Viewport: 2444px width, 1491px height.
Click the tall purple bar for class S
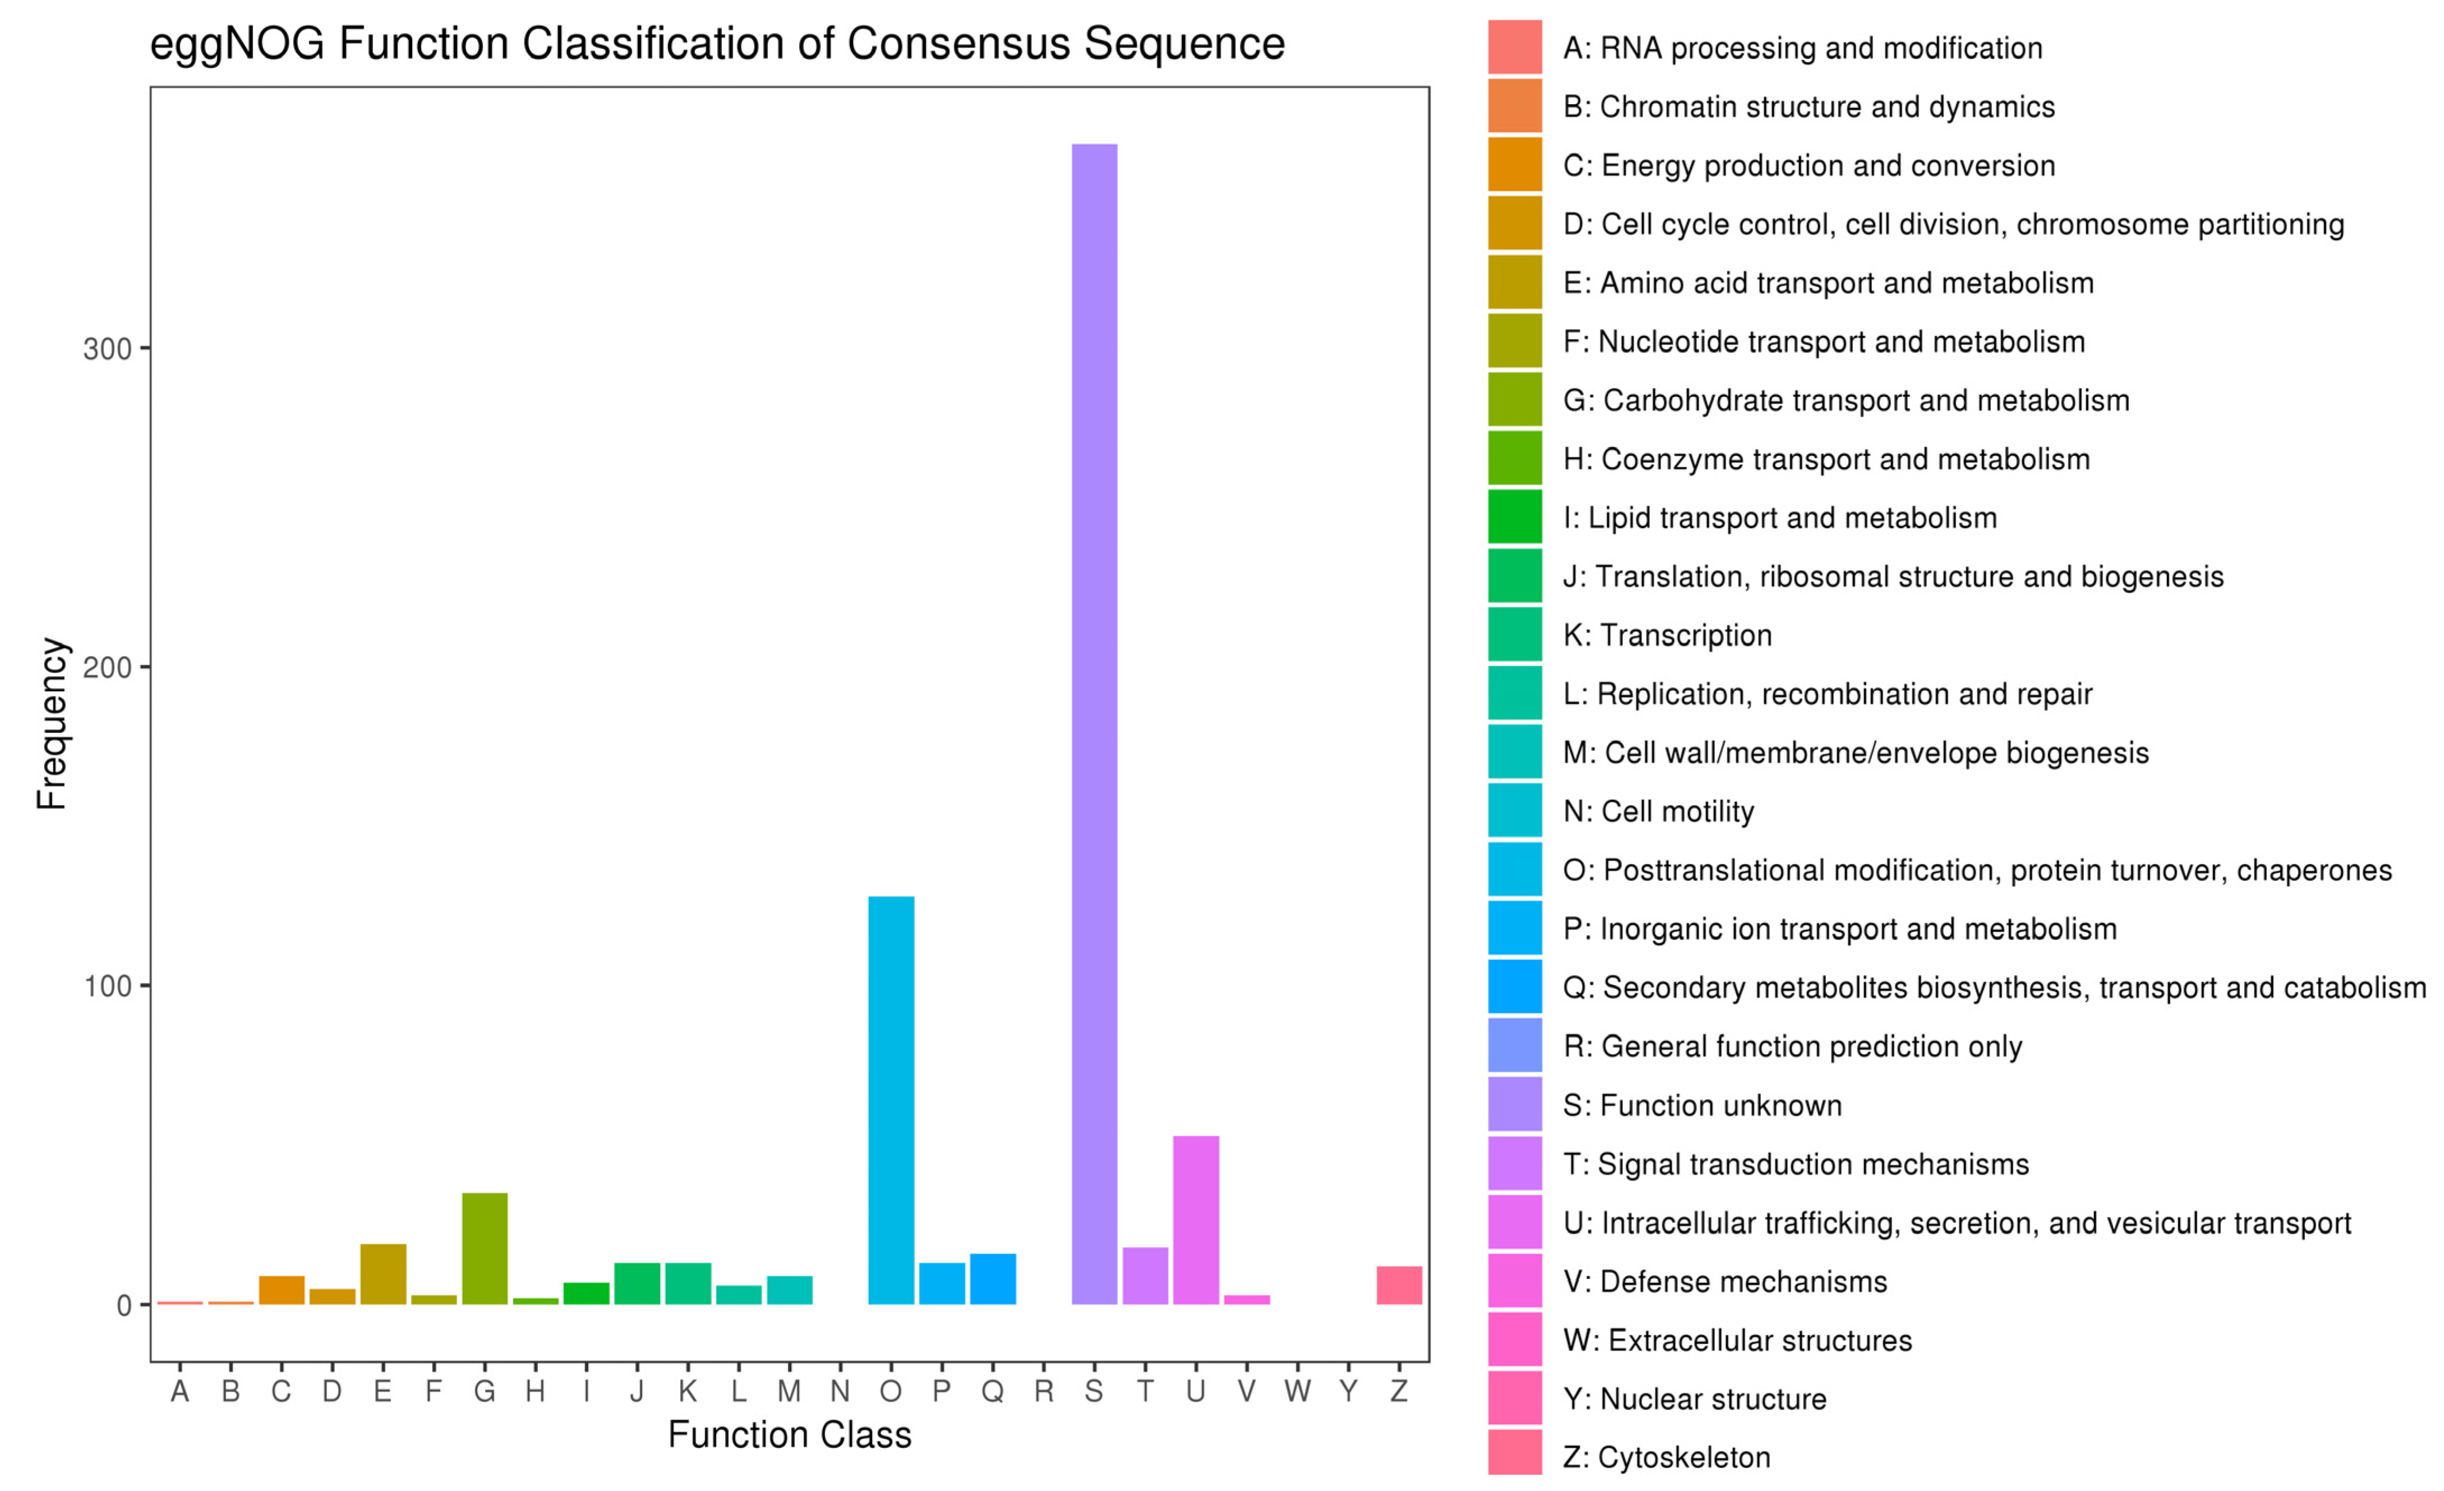1094,724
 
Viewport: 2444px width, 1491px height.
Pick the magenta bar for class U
1195,1220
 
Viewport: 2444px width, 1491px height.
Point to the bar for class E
383,1274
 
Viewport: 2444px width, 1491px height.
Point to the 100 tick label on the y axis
107,987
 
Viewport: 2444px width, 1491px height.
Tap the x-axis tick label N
840,1392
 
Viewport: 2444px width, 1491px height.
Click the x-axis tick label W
1297,1392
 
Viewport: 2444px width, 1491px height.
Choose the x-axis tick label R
1044,1392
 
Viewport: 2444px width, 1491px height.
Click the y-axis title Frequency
52,724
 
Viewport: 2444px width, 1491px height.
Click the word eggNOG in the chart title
237,44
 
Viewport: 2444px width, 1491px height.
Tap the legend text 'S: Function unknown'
1702,1105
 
